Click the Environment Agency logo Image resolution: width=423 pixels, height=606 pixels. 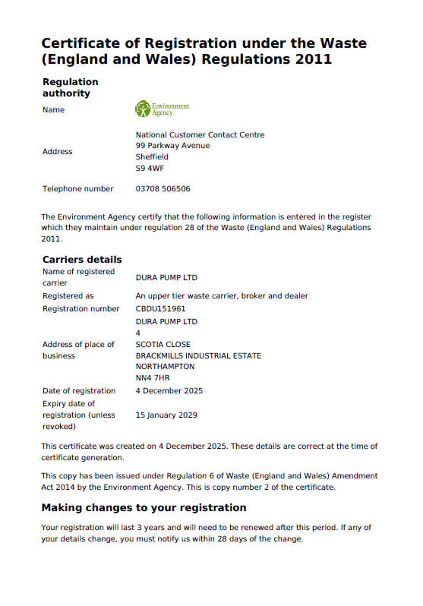162,109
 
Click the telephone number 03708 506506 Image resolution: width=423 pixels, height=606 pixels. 163,189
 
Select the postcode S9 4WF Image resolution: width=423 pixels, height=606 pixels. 149,168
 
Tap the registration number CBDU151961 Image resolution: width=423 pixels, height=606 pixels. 160,309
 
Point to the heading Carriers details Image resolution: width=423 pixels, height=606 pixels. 82,259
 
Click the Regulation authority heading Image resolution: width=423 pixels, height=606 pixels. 71,87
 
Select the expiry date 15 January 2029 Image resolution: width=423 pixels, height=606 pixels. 166,415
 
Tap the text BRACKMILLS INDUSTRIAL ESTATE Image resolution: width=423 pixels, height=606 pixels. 198,355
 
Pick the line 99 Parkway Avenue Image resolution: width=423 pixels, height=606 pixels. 172,146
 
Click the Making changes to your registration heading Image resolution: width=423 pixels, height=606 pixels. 144,507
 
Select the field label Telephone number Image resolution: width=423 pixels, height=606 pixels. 77,189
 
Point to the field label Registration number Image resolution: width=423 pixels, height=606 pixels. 80,309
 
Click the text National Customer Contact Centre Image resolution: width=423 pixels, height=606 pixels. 200,135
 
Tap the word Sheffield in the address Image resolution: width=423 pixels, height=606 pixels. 152,157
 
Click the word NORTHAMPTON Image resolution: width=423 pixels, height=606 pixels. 165,366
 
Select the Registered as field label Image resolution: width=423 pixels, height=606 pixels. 68,296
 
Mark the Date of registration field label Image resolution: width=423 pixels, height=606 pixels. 79,391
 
